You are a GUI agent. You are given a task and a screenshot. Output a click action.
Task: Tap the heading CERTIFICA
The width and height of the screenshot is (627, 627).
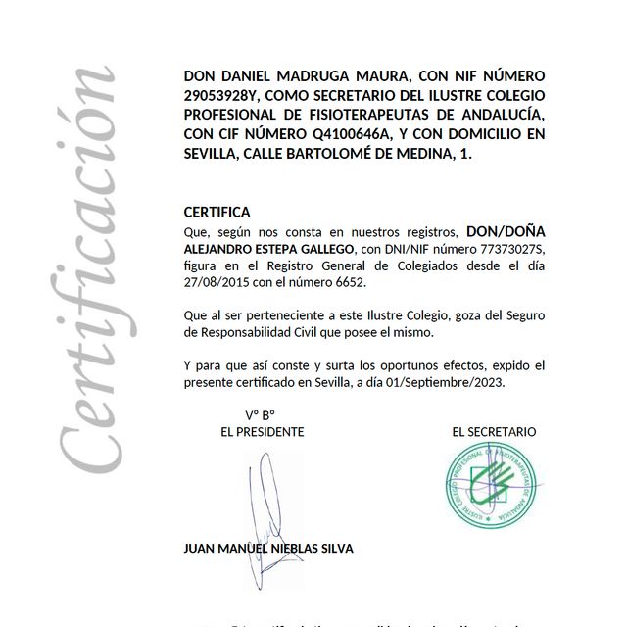pyautogui.click(x=217, y=212)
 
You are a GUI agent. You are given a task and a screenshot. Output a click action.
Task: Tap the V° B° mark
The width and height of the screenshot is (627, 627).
pyautogui.click(x=260, y=414)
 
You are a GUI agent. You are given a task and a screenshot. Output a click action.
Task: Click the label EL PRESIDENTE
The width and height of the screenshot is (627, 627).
pyautogui.click(x=263, y=432)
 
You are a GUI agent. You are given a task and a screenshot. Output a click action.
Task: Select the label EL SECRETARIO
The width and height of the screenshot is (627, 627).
pyautogui.click(x=494, y=432)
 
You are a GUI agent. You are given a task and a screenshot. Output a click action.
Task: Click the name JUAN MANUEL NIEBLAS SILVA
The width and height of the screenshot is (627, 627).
pyautogui.click(x=268, y=549)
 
